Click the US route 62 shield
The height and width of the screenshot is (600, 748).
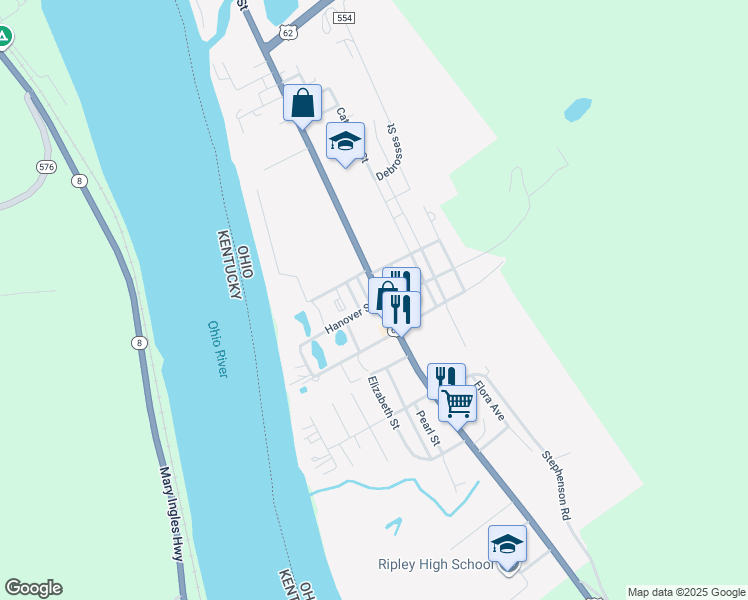pyautogui.click(x=288, y=33)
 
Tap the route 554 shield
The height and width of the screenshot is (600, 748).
pyautogui.click(x=344, y=18)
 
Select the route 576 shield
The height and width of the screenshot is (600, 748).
pyautogui.click(x=45, y=166)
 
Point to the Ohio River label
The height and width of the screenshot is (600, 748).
pyautogui.click(x=218, y=348)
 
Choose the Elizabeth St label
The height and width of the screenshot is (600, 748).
pyautogui.click(x=383, y=403)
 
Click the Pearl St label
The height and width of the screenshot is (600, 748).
pyautogui.click(x=428, y=428)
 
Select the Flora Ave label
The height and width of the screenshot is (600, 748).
pyautogui.click(x=489, y=399)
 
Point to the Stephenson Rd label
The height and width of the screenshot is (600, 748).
pyautogui.click(x=556, y=485)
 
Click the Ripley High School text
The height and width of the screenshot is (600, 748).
pyautogui.click(x=436, y=565)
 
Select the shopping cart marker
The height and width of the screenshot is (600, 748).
pyautogui.click(x=457, y=403)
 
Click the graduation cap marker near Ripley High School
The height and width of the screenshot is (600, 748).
pyautogui.click(x=507, y=544)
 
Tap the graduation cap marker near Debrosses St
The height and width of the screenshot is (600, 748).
pyautogui.click(x=345, y=141)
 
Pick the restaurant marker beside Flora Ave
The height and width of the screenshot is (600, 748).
pyautogui.click(x=446, y=380)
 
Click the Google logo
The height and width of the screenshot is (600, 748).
pyautogui.click(x=33, y=588)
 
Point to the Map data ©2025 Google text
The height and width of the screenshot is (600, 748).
pyautogui.click(x=686, y=592)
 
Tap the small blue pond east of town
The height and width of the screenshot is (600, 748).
pyautogui.click(x=578, y=109)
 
